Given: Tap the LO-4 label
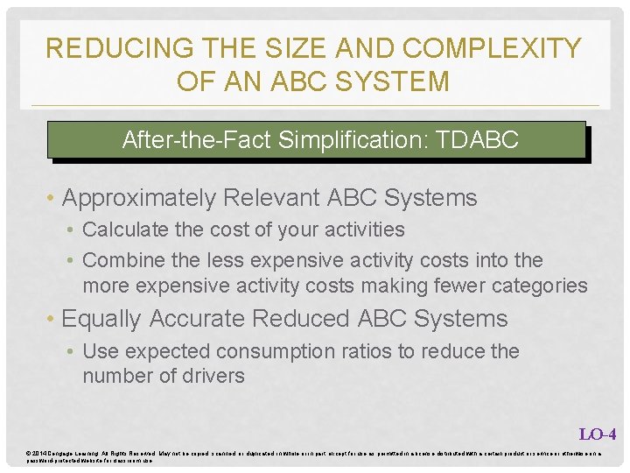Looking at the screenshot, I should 598,434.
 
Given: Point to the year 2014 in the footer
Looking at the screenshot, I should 39,452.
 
